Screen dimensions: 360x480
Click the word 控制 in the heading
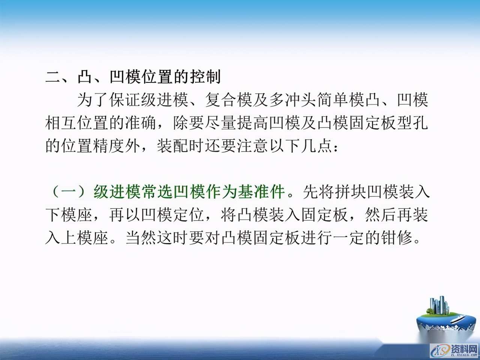[205, 77]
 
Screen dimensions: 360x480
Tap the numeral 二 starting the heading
[53, 77]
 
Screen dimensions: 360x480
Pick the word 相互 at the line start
[61, 123]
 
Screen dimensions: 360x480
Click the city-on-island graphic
[444, 315]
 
